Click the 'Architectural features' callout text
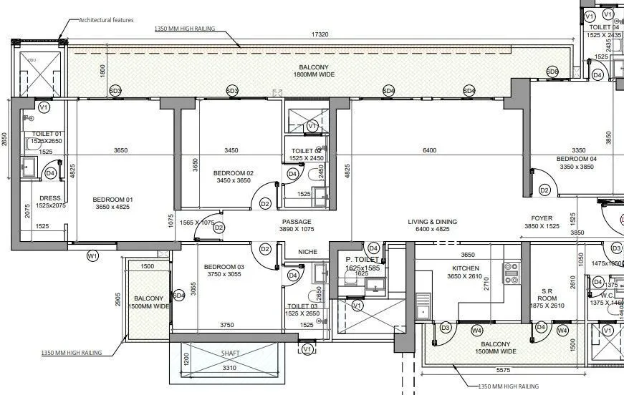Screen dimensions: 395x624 pos(106,20)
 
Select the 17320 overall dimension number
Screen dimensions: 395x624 pos(320,34)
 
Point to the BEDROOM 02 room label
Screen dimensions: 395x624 pos(234,173)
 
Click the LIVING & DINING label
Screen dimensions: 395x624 pos(432,222)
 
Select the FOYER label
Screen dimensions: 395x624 pos(542,219)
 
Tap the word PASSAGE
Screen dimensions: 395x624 pos(296,222)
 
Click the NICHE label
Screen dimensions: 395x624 pos(307,252)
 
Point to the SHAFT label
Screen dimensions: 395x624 pos(230,353)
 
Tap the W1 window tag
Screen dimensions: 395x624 pos(92,255)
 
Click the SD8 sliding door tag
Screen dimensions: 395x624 pos(552,72)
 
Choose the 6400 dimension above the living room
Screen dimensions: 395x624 pos(429,150)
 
